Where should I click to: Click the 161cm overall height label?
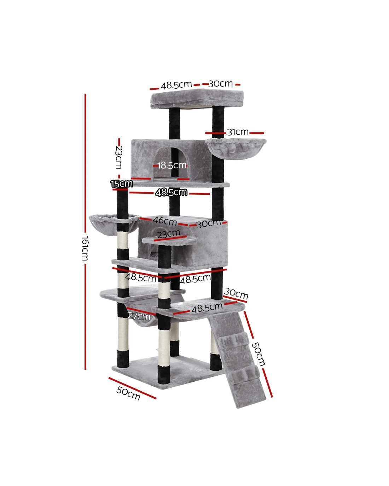[x=85, y=248]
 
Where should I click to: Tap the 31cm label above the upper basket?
[x=238, y=132]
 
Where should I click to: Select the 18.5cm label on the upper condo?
[x=172, y=165]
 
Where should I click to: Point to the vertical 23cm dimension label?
[x=119, y=157]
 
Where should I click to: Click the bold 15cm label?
[x=122, y=183]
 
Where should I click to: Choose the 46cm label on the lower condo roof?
[x=165, y=221]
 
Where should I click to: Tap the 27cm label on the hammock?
[x=139, y=316]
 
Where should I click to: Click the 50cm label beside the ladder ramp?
[x=258, y=354]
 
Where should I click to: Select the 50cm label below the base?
[x=128, y=393]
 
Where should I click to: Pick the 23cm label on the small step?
[x=169, y=234]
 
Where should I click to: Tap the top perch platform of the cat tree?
[x=197, y=99]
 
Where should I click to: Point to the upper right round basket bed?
[x=236, y=148]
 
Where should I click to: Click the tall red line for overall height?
[x=85, y=232]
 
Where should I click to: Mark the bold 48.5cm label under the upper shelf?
[x=171, y=192]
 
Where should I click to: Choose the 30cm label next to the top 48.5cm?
[x=220, y=84]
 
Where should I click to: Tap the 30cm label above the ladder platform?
[x=236, y=293]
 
